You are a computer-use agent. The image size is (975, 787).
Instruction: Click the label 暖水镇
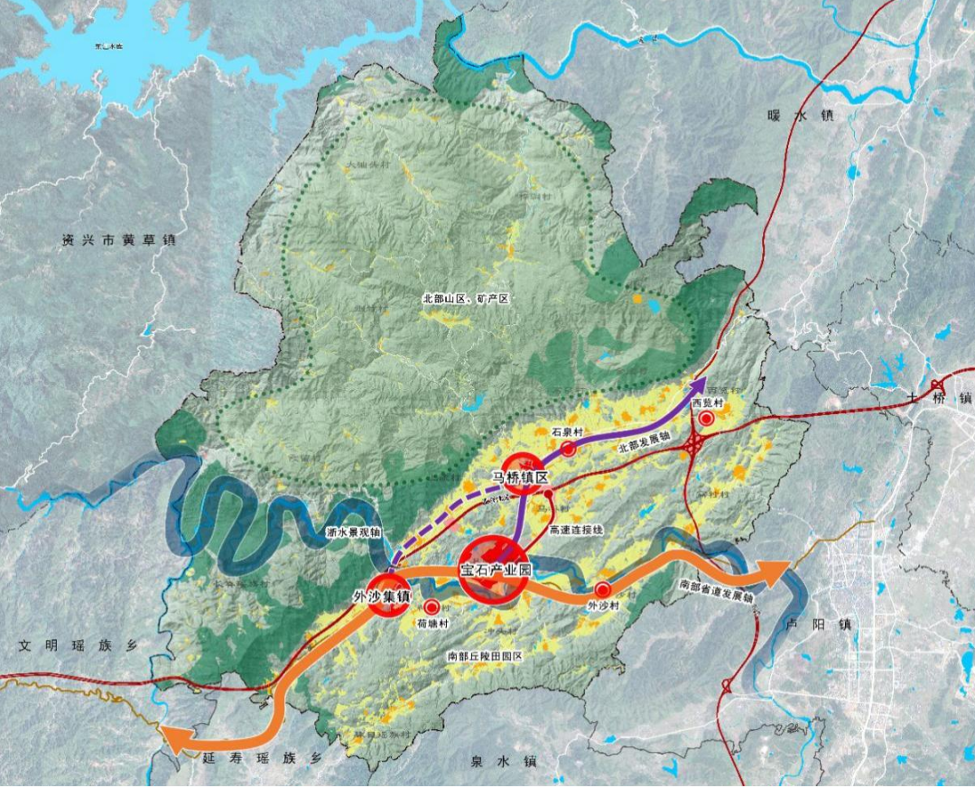point(800,116)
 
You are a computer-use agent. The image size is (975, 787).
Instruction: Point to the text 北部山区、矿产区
point(466,297)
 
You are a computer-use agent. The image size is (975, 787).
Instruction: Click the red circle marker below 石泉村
point(569,448)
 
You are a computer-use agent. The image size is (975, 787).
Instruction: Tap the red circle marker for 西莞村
point(708,419)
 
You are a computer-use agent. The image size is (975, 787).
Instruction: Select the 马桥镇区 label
point(520,477)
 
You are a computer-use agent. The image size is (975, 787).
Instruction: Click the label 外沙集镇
point(383,597)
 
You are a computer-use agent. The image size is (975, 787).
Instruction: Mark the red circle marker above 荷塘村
point(432,606)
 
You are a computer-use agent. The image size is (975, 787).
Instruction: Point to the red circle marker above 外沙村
point(602,589)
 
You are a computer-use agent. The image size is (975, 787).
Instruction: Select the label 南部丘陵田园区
point(485,656)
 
